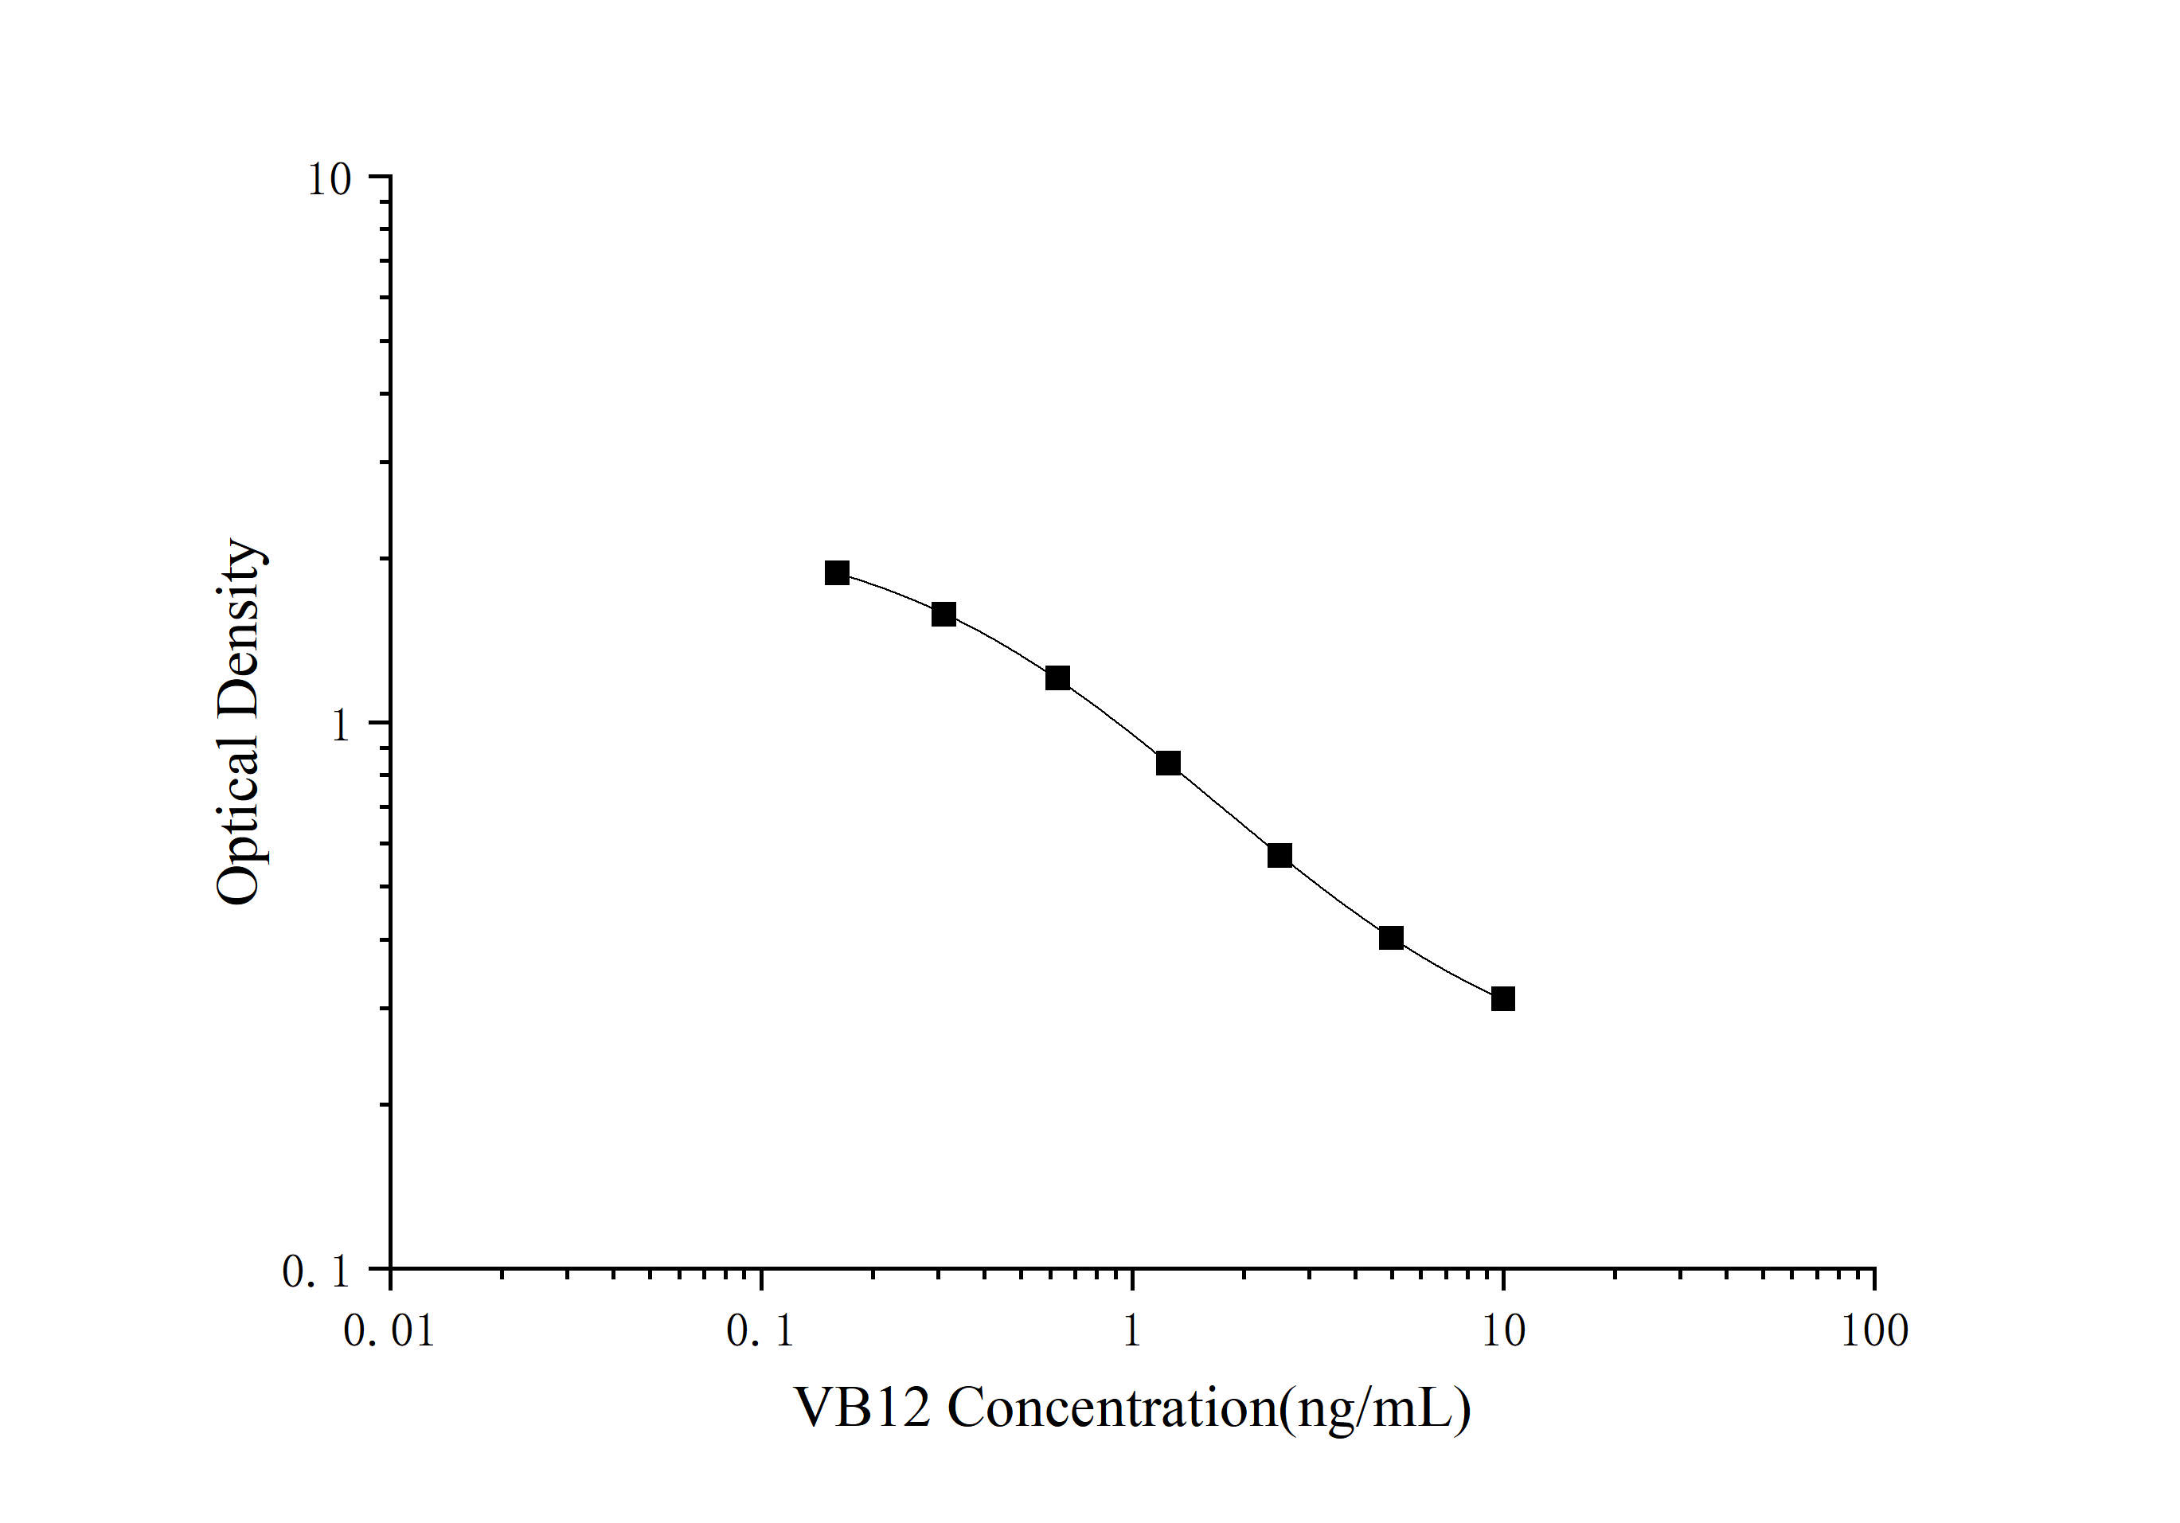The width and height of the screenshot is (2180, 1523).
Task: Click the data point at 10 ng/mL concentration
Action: (1503, 999)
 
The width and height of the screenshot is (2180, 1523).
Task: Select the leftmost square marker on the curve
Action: (837, 572)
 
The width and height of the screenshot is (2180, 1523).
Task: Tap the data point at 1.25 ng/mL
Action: (1168, 763)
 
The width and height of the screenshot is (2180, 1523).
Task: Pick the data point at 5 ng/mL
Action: (1391, 938)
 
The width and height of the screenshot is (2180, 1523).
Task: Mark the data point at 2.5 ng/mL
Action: (1280, 856)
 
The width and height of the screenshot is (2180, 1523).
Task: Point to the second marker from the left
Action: (943, 615)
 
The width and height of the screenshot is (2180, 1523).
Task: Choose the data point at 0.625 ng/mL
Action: (1057, 678)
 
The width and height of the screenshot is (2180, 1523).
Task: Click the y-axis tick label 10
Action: (329, 178)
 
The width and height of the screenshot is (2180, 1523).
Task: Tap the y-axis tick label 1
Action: (340, 725)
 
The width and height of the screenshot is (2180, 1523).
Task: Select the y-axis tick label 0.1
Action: (316, 1272)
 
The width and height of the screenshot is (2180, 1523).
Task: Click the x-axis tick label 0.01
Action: (389, 1331)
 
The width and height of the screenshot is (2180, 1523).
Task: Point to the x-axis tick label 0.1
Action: (760, 1331)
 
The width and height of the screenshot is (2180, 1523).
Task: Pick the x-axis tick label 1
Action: (1131, 1331)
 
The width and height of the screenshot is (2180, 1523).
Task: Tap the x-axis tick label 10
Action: (1503, 1331)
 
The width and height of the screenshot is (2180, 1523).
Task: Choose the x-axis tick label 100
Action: (1874, 1331)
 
